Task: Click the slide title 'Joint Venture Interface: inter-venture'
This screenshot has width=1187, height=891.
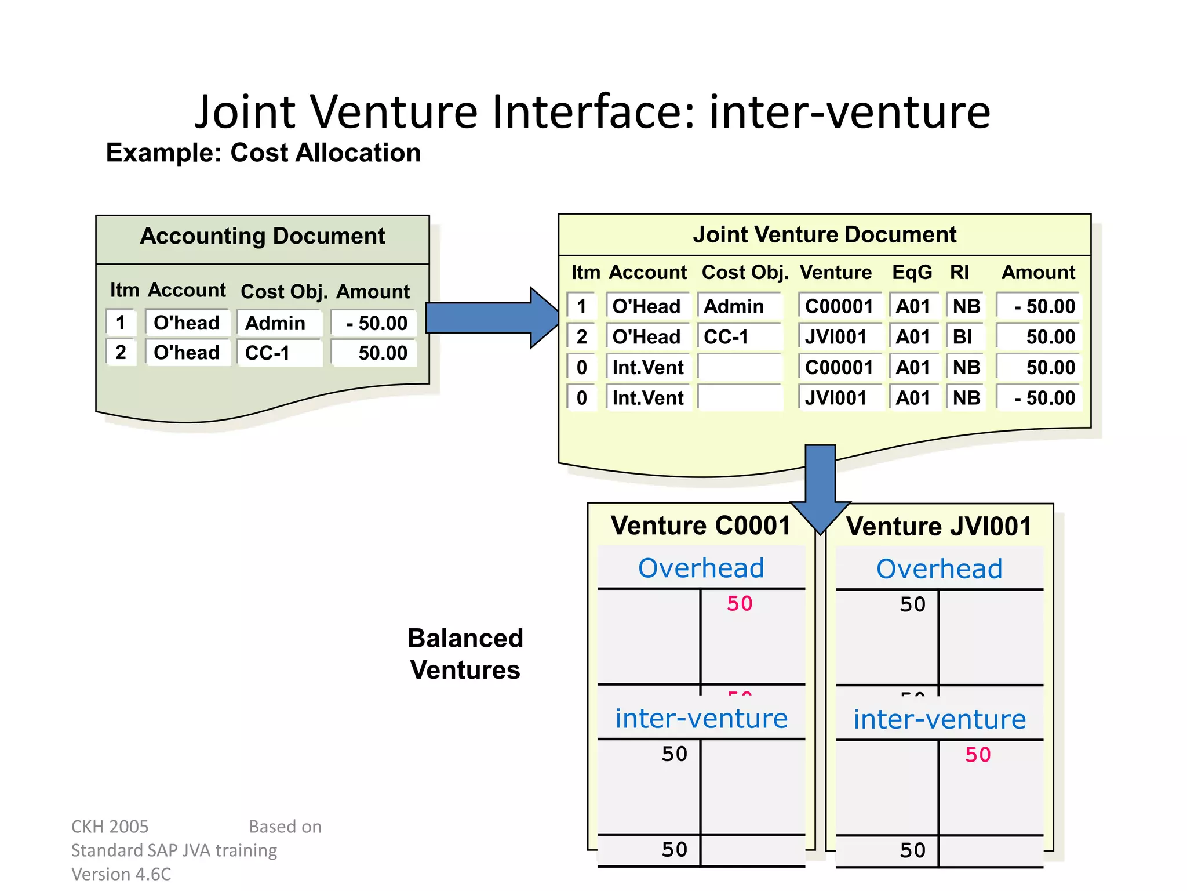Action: [x=592, y=111]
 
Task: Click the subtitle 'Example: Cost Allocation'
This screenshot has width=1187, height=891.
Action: [x=263, y=153]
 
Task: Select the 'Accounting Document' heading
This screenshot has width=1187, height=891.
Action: [x=262, y=236]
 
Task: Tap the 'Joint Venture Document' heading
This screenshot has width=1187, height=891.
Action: [x=824, y=235]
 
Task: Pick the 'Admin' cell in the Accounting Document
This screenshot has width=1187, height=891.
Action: [x=276, y=323]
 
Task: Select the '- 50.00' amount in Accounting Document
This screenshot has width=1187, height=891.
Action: [x=377, y=323]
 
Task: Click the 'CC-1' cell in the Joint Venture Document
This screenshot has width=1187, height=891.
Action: [x=727, y=337]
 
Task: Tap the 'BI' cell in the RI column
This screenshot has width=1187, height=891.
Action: [x=963, y=337]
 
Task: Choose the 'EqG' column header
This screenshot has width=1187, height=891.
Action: [x=912, y=273]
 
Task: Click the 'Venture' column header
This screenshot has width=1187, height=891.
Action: [x=836, y=273]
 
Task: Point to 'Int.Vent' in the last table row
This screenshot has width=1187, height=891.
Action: [x=648, y=398]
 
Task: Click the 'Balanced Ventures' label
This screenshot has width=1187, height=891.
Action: [x=465, y=654]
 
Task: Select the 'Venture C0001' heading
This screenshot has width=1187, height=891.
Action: [x=701, y=526]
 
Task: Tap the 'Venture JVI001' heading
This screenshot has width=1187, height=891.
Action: [x=939, y=527]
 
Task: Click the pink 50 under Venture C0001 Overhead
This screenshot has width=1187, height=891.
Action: [x=740, y=604]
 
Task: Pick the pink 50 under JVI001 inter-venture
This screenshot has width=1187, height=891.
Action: [x=978, y=755]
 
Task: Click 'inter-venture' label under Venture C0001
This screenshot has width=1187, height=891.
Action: [x=701, y=719]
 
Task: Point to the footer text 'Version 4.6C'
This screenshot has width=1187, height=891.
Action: [x=121, y=874]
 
